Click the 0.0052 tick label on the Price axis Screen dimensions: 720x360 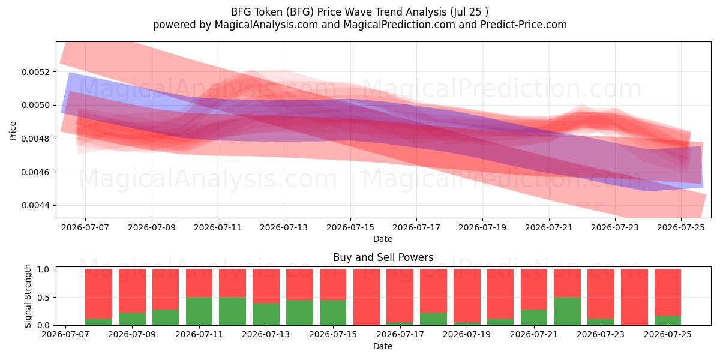pyautogui.click(x=35, y=72)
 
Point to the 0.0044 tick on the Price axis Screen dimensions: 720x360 pyautogui.click(x=35, y=205)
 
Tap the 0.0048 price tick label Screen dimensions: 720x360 pyautogui.click(x=35, y=139)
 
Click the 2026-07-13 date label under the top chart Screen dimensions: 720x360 pyautogui.click(x=284, y=227)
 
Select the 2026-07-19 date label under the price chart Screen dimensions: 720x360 pyautogui.click(x=482, y=227)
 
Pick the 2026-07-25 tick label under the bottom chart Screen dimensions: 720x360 pyautogui.click(x=668, y=334)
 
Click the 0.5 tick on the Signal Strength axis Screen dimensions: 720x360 pyautogui.click(x=43, y=298)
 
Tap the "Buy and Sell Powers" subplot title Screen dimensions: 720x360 pyautogui.click(x=383, y=257)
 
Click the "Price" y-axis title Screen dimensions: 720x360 pyautogui.click(x=13, y=131)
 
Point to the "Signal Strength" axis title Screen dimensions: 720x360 pyautogui.click(x=28, y=296)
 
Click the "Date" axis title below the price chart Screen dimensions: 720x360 pyautogui.click(x=383, y=239)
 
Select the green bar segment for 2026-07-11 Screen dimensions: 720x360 pyautogui.click(x=199, y=311)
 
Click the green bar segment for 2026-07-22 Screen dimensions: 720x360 pyautogui.click(x=568, y=311)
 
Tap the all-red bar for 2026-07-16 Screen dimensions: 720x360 pyautogui.click(x=367, y=297)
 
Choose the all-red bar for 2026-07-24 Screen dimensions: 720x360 pyautogui.click(x=635, y=297)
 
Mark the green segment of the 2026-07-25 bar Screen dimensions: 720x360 pyautogui.click(x=668, y=320)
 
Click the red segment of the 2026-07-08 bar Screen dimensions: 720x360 pyautogui.click(x=98, y=294)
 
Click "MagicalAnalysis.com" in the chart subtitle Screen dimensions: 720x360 pyautogui.click(x=266, y=25)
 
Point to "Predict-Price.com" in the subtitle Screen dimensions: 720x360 pyautogui.click(x=524, y=25)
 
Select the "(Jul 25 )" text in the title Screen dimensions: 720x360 pyautogui.click(x=469, y=12)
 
